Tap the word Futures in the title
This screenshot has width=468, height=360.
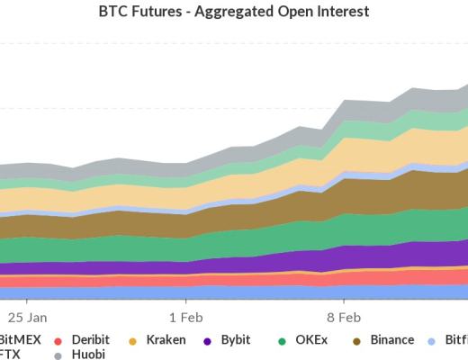(x=178, y=13)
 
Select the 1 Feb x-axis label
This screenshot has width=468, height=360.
(x=185, y=317)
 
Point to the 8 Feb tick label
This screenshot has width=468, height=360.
(x=344, y=317)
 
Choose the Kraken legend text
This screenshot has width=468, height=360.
(x=167, y=340)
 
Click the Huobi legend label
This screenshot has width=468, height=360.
(x=87, y=355)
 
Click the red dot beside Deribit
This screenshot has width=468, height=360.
(x=58, y=341)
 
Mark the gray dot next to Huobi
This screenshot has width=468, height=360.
(x=58, y=355)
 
